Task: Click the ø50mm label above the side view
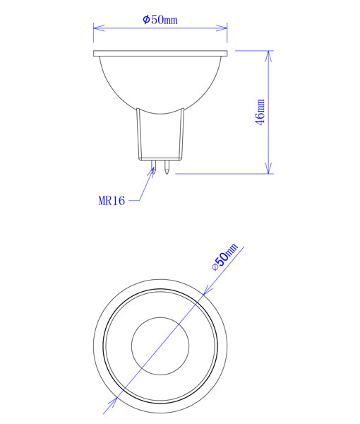(x=160, y=19)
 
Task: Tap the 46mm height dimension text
(x=260, y=112)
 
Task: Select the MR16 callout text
(x=112, y=201)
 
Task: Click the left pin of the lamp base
(x=153, y=167)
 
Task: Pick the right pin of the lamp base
(x=167, y=167)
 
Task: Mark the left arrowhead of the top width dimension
(x=97, y=28)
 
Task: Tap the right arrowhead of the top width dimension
(x=223, y=28)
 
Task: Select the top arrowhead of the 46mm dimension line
(x=268, y=55)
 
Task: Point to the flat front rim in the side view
(x=160, y=53)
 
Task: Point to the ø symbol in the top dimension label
(x=146, y=19)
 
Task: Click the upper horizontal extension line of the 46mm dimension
(x=251, y=50)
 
